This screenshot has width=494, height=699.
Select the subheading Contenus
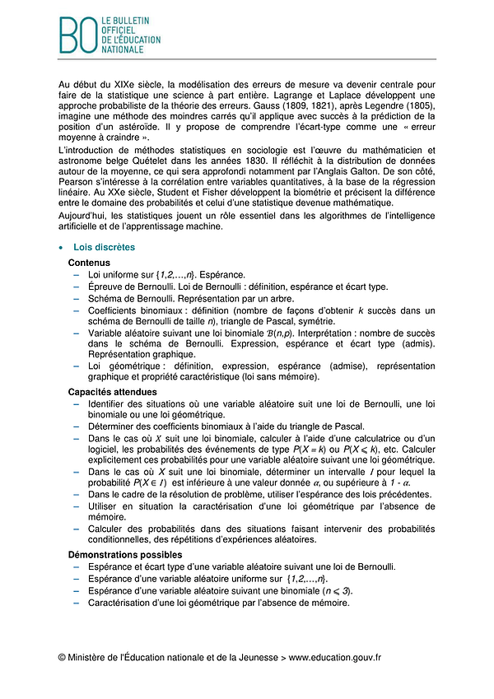point(89,262)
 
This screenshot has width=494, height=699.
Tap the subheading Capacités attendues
point(112,392)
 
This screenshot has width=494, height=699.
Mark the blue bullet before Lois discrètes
point(61,247)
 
